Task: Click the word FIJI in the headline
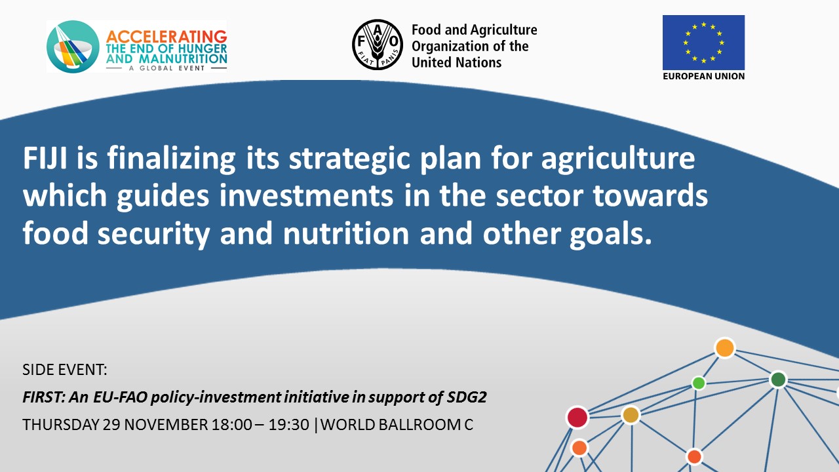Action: click(45, 158)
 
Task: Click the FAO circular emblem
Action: click(377, 45)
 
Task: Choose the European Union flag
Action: click(703, 43)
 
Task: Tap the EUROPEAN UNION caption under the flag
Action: click(703, 76)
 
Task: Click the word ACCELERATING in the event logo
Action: click(166, 37)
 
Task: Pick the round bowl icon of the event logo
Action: click(73, 47)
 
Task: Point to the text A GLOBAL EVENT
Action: click(166, 68)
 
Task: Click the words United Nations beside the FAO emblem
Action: click(456, 62)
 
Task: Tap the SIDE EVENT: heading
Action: click(65, 370)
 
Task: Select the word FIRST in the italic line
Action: click(44, 397)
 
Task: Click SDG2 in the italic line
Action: click(467, 397)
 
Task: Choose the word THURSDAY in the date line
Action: click(60, 425)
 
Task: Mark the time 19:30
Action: click(289, 425)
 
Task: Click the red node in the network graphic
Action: click(577, 418)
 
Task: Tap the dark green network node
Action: click(778, 380)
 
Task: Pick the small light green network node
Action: click(699, 383)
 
